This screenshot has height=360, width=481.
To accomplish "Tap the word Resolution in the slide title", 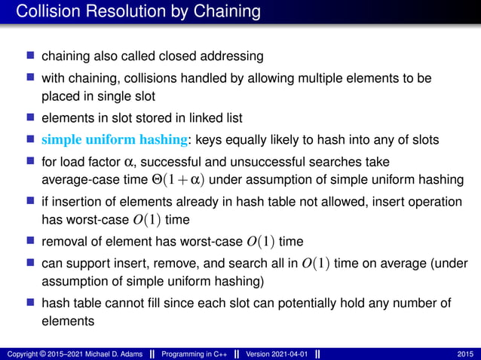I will coord(116,12).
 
